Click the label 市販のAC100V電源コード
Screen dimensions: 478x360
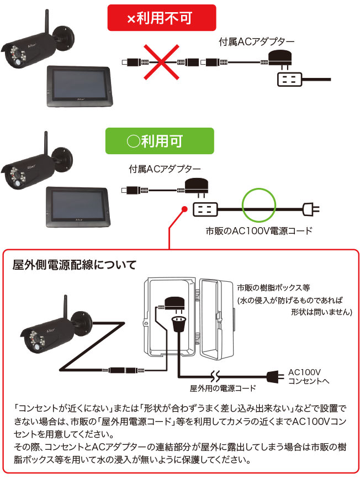pyautogui.click(x=259, y=230)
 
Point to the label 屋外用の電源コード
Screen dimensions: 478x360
pyautogui.click(x=223, y=388)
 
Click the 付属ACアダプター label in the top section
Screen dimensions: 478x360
pyautogui.click(x=257, y=41)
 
